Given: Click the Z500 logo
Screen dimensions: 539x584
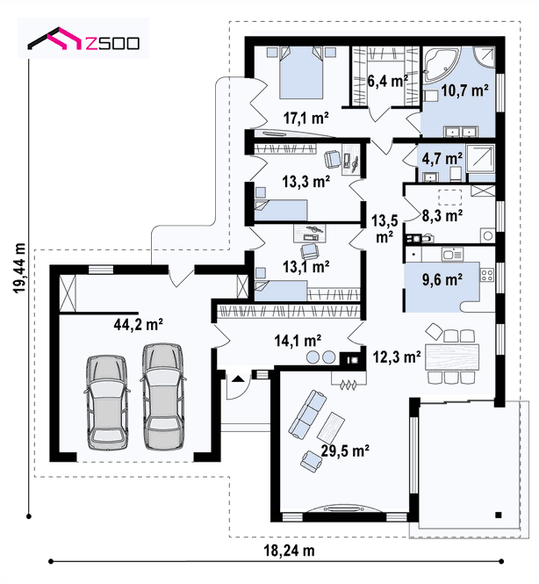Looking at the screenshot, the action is [x=83, y=38].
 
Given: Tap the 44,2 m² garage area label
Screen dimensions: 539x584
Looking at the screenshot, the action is [x=138, y=324].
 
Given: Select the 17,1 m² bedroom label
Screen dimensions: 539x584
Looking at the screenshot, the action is [x=306, y=118].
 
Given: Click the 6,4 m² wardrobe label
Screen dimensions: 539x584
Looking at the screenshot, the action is [x=387, y=81].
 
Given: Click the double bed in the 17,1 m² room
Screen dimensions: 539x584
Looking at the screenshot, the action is [x=301, y=72].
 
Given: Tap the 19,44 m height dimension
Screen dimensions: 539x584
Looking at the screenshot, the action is [x=19, y=268].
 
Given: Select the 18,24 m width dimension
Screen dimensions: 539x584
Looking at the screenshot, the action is [x=289, y=550].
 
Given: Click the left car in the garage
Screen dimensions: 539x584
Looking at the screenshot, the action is [x=107, y=402].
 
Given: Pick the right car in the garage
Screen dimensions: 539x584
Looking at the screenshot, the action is [x=163, y=396].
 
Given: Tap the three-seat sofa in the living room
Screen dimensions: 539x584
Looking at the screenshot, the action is [x=307, y=414].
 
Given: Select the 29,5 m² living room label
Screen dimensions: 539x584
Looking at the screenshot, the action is [x=345, y=451].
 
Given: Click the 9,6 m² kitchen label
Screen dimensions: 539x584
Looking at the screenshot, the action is [x=442, y=279].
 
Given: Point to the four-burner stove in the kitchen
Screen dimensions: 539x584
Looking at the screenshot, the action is [x=487, y=275].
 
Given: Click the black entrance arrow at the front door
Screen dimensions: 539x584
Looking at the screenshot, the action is [x=238, y=379].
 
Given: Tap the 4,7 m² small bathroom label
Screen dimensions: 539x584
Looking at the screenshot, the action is [x=442, y=159].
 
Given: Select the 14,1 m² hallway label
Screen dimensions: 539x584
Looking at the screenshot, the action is [x=298, y=341].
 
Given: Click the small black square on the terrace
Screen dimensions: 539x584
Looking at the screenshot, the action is [x=499, y=516].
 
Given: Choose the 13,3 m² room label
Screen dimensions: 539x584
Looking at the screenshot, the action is [x=306, y=182].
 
